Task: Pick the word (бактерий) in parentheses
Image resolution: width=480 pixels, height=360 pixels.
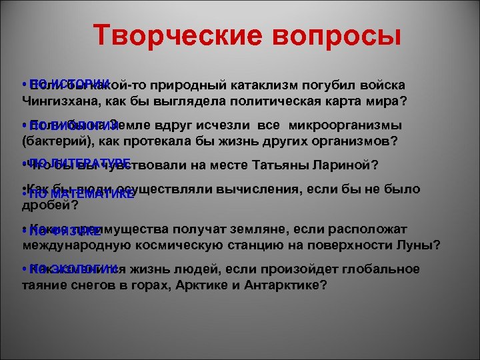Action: coord(48,141)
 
